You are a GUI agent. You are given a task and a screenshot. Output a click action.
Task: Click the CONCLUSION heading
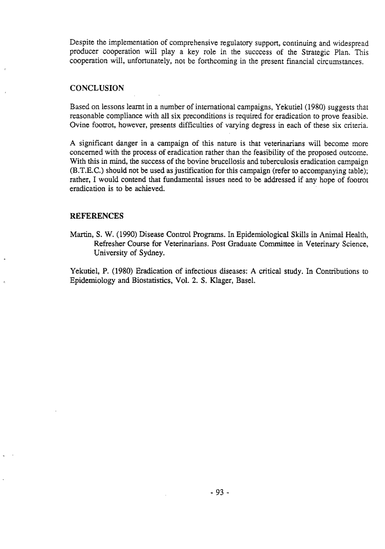(x=97, y=88)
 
